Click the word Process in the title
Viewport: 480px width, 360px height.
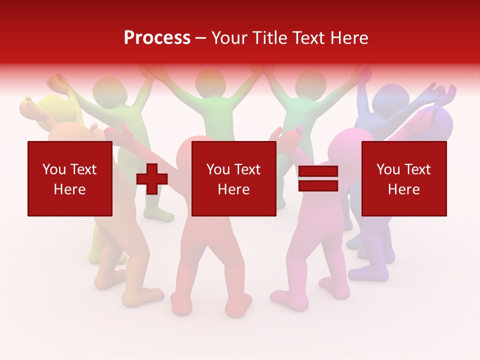tap(157, 38)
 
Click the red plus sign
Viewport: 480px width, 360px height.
tap(152, 178)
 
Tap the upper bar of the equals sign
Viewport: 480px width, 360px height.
tap(318, 171)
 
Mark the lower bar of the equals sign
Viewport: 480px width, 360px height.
tap(318, 185)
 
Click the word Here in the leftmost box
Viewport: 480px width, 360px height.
tap(69, 189)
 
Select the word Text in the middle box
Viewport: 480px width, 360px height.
tap(247, 169)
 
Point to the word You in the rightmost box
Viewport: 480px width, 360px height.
tap(387, 169)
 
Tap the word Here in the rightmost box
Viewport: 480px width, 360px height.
tap(403, 189)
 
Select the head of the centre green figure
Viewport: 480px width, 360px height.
tap(210, 83)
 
